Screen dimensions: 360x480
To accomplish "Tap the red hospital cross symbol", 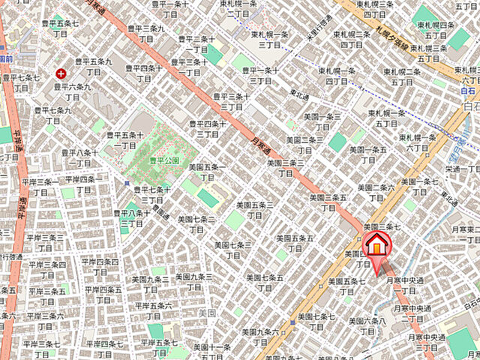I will [x=60, y=73].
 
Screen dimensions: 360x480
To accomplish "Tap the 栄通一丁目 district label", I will [x=459, y=175].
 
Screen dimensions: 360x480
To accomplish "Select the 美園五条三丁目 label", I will [x=255, y=209].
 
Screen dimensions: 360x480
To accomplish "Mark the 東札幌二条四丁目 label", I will [x=352, y=40].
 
